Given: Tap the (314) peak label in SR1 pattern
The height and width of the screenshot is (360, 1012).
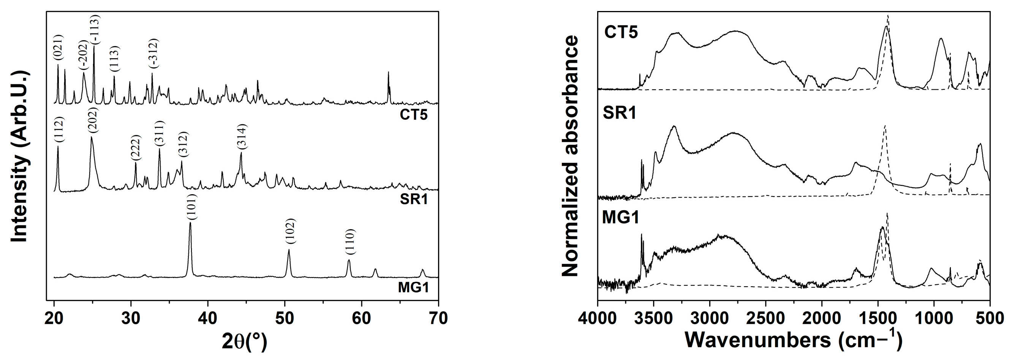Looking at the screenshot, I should coord(241,136).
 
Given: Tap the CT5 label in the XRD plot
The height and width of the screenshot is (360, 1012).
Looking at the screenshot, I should coord(413,115).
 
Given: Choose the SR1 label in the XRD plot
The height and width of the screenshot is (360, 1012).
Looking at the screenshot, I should coord(413,199).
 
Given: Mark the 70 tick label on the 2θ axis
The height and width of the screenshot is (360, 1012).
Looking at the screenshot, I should coord(438,318).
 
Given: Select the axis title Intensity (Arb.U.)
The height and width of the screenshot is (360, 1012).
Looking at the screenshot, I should coord(20,156).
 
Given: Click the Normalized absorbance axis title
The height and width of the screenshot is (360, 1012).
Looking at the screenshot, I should coord(571,156).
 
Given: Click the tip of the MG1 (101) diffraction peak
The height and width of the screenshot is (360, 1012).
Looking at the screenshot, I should coord(191,223).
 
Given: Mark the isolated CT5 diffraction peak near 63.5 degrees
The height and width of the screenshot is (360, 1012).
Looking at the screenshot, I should coord(388,73).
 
